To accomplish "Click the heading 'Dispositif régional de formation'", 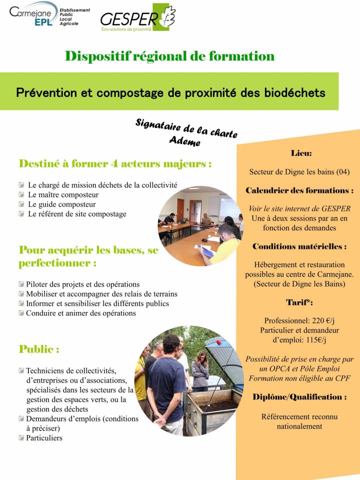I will (x=169, y=56).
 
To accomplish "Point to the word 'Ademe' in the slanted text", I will (x=184, y=141).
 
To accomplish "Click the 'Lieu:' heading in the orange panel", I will (x=301, y=153).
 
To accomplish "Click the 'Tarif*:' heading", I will (x=299, y=302).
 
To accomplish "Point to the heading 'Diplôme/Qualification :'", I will (x=299, y=397).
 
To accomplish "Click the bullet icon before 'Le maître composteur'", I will (x=21, y=195).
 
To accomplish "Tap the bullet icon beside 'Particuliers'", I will (x=21, y=438).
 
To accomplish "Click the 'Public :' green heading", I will (x=39, y=349).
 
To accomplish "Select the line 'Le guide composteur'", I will (x=61, y=204).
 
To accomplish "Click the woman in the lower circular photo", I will (x=200, y=369).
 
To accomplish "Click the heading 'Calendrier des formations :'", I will (x=299, y=190).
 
